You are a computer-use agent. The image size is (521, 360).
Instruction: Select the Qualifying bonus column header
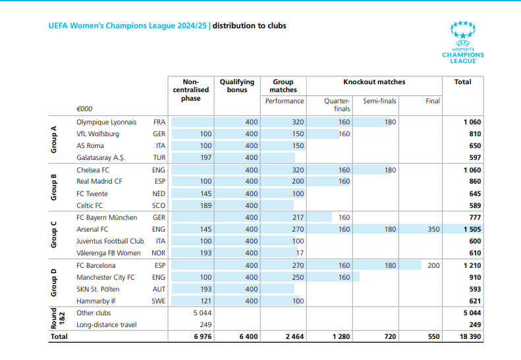[x=236, y=86]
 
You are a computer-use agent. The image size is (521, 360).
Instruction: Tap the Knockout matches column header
[x=374, y=82]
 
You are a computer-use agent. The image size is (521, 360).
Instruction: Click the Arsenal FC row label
[x=92, y=230]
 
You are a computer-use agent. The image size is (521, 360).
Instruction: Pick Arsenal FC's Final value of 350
[x=433, y=230]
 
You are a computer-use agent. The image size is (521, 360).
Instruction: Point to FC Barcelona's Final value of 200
[x=433, y=266]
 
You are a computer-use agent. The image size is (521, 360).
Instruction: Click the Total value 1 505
[x=470, y=230]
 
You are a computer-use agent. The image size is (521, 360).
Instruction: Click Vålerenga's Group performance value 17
[x=300, y=253]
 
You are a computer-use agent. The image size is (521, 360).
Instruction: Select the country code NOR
[x=159, y=253]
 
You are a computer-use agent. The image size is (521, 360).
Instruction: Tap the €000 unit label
[x=84, y=109]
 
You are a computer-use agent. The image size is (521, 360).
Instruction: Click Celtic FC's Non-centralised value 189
[x=205, y=206]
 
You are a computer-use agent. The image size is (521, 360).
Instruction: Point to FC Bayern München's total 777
[x=474, y=218]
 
